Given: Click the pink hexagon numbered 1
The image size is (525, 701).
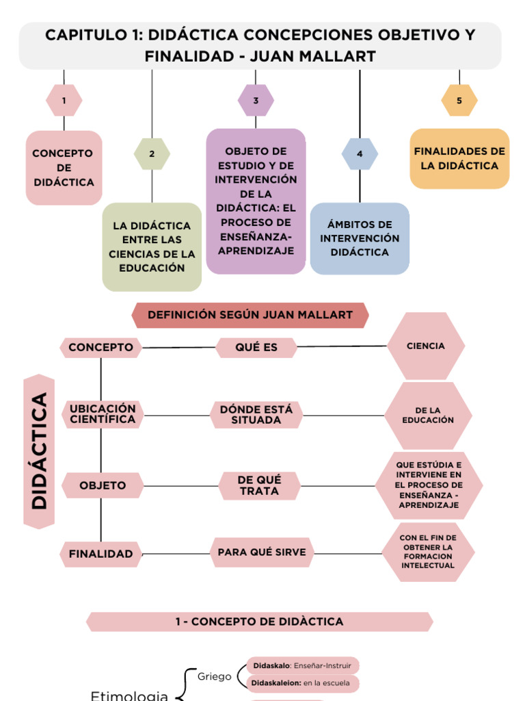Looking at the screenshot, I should tap(64, 101).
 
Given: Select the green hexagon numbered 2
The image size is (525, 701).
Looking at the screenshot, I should tap(152, 154).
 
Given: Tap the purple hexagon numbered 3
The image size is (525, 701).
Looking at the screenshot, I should tap(256, 101).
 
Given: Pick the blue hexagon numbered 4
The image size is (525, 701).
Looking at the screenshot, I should tap(360, 154).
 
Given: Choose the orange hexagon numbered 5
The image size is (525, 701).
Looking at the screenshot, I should tap(459, 101).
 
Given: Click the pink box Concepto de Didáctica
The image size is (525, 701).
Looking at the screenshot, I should tap(64, 168).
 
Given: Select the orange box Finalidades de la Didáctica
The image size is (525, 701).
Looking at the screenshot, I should tap(459, 159).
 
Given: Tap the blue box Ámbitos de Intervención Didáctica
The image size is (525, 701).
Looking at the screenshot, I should tap(360, 238).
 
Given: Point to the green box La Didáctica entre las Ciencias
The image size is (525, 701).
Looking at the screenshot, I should tap(152, 246).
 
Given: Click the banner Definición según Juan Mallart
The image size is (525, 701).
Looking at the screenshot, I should tap(250, 315).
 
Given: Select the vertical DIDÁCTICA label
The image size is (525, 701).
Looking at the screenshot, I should tap(39, 451).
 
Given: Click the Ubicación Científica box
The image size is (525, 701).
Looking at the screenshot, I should tap(103, 414).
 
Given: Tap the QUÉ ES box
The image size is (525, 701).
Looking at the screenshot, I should tap(256, 348).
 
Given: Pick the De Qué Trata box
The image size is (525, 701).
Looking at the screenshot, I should tap(259, 485).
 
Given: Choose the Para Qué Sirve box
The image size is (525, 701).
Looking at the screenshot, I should tap(262, 552).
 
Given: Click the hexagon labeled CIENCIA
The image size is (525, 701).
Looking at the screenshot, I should tap(425, 346).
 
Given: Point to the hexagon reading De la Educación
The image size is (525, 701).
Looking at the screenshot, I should tap(428, 416).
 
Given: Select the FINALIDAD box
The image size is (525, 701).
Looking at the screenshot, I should tap(100, 554).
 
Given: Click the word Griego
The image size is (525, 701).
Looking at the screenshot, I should tap(214, 676).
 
